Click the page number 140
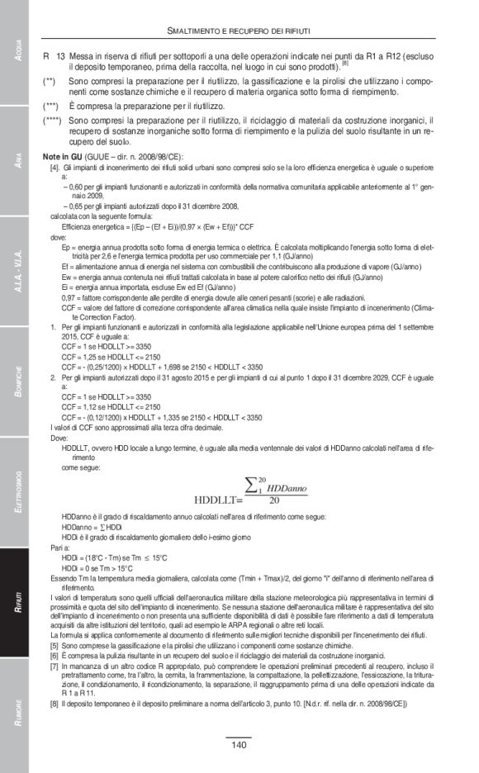[x=238, y=746]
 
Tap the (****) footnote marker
[x=55, y=121]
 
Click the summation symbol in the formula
[x=252, y=486]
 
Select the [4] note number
[x=55, y=168]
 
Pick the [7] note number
[x=55, y=666]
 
